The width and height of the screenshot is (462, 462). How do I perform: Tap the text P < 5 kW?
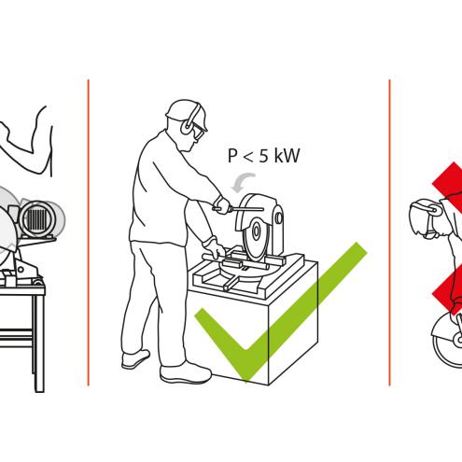click(263, 156)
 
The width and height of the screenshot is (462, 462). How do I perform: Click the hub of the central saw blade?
click(257, 231)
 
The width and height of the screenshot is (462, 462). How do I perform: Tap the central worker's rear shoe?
click(135, 359)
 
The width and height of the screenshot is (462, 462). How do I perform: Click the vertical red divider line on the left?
click(89, 232)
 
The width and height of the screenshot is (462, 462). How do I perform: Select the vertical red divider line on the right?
click(389, 232)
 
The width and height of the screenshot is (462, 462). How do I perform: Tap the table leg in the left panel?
click(39, 343)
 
